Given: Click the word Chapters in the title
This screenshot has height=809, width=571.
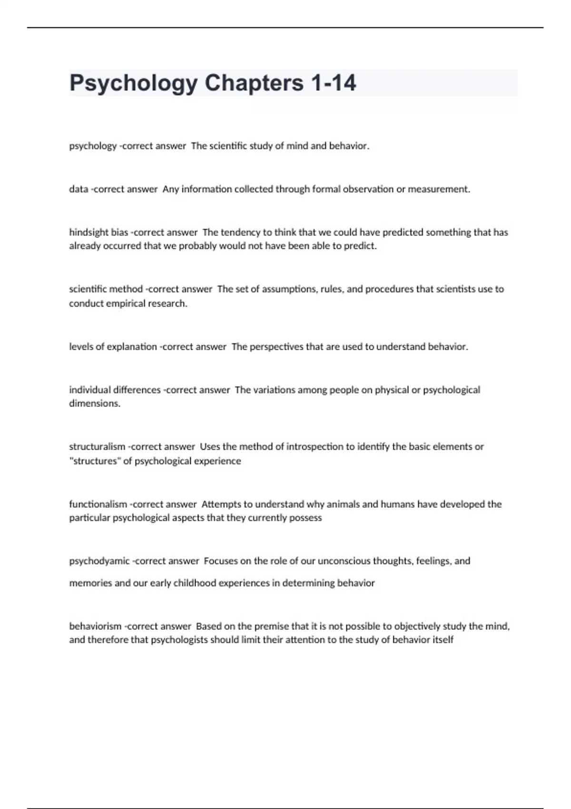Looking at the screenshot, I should click(x=254, y=83).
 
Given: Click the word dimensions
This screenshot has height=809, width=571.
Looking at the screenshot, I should click(x=95, y=404).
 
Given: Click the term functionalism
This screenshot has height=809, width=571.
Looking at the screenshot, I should click(x=98, y=504).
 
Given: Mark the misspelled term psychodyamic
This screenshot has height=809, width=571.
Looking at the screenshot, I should click(x=99, y=562).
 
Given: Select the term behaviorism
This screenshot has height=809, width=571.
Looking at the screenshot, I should click(x=95, y=627).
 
